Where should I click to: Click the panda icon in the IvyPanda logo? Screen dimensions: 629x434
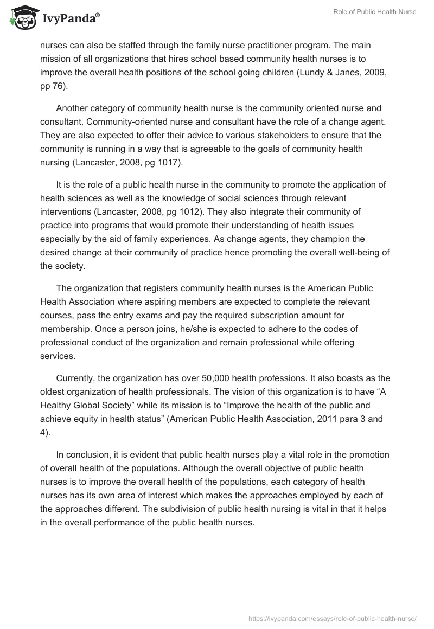tap(20, 18)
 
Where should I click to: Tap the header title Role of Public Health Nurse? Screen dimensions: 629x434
tap(374, 12)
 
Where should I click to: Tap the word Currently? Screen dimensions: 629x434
tap(76, 378)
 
